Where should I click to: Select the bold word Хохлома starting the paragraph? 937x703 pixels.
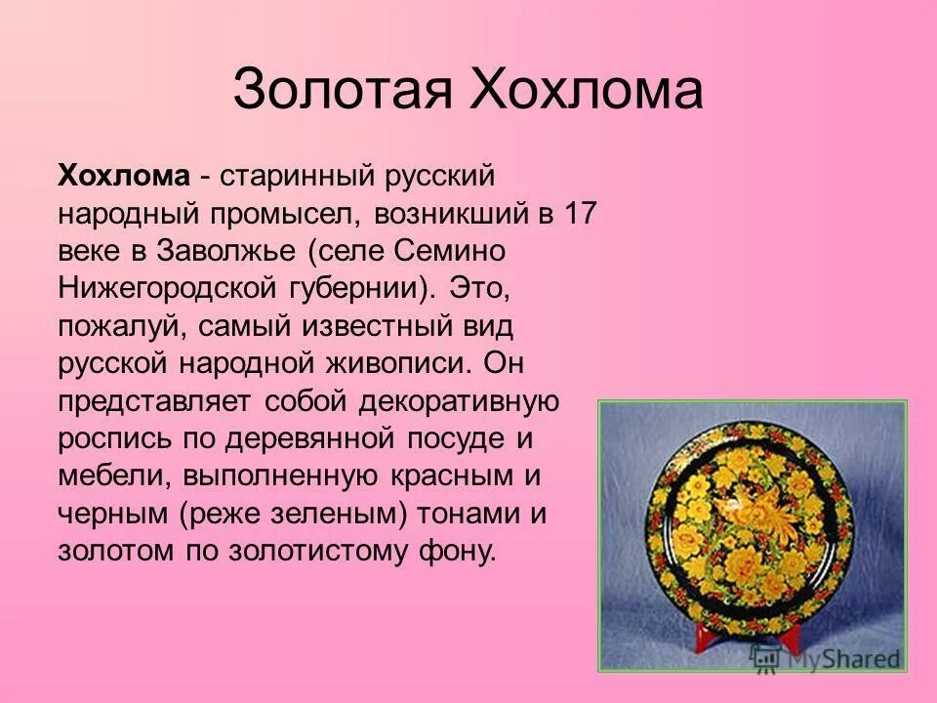pos(123,176)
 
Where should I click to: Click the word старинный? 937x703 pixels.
pos(298,176)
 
